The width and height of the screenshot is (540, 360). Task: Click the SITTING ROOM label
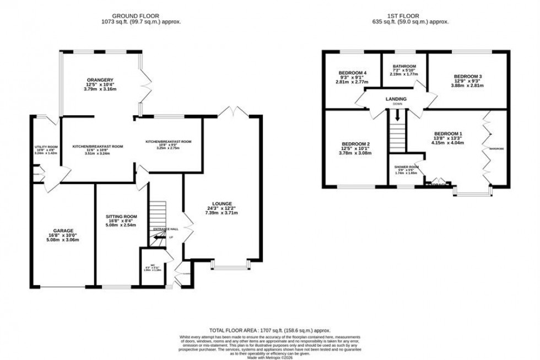click(x=121, y=216)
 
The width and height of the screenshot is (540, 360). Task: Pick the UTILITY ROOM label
click(x=46, y=147)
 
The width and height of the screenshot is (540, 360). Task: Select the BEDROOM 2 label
click(x=354, y=144)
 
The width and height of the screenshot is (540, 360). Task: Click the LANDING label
click(x=396, y=99)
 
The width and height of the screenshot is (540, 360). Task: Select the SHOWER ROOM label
click(x=407, y=167)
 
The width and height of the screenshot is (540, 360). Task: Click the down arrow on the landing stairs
click(x=396, y=116)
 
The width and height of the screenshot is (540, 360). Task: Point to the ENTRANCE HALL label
click(x=166, y=229)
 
